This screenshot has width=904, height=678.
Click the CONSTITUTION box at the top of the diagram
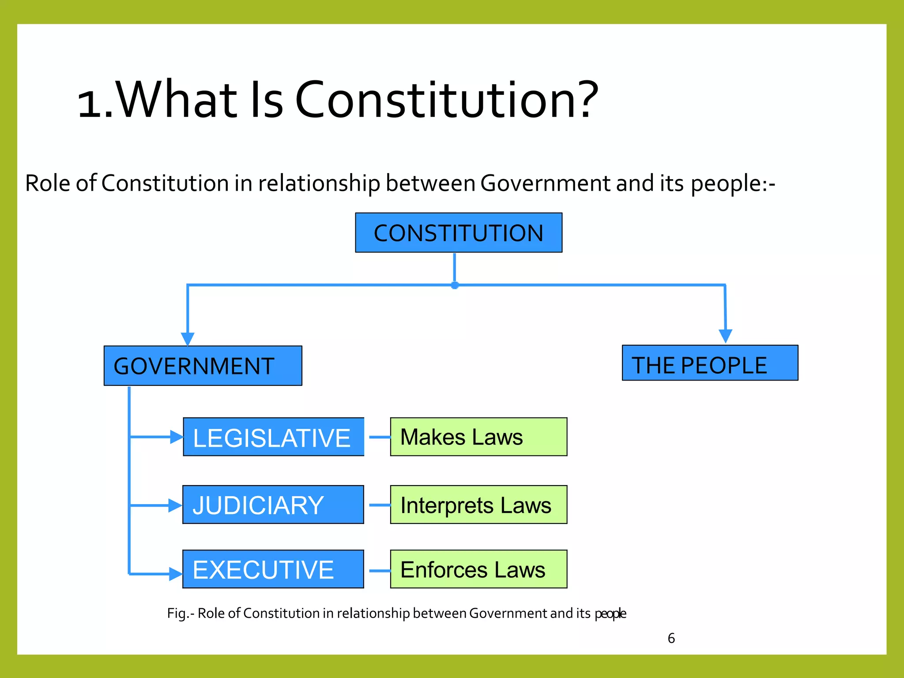tap(459, 233)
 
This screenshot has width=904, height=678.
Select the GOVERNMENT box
tap(203, 365)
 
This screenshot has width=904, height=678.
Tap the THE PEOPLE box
tap(710, 363)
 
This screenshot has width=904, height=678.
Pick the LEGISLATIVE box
tap(273, 437)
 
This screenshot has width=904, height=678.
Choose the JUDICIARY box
tap(273, 505)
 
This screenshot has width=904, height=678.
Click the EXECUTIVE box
tap(273, 569)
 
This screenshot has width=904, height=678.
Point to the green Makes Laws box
tap(478, 437)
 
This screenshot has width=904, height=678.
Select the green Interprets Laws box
tap(478, 505)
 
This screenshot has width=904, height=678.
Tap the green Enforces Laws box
tap(478, 569)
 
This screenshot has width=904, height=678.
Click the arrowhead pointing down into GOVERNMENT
tap(188, 339)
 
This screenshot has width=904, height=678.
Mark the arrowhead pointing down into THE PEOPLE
tap(725, 335)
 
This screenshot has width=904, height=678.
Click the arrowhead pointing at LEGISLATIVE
tap(177, 437)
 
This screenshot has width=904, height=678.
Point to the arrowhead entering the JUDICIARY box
tap(175, 505)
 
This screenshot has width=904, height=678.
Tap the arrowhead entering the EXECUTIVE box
tap(176, 574)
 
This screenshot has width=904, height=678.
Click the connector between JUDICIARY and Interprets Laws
tap(379, 505)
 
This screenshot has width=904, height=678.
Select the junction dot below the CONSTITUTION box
tap(455, 285)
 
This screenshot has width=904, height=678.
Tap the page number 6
tap(671, 638)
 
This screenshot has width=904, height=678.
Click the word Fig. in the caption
tap(178, 614)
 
